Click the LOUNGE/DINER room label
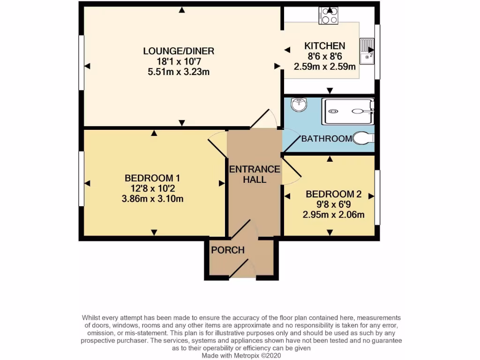click(181, 51)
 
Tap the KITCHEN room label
click(325, 46)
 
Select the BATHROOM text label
click(326, 139)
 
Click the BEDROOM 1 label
click(152, 178)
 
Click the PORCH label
click(228, 250)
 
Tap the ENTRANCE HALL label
click(255, 174)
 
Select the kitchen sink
click(367, 51)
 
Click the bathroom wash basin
click(298, 105)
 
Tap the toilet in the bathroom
click(364, 138)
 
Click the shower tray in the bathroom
click(348, 111)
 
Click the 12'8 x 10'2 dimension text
click(152, 188)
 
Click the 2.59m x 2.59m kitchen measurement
click(325, 67)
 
